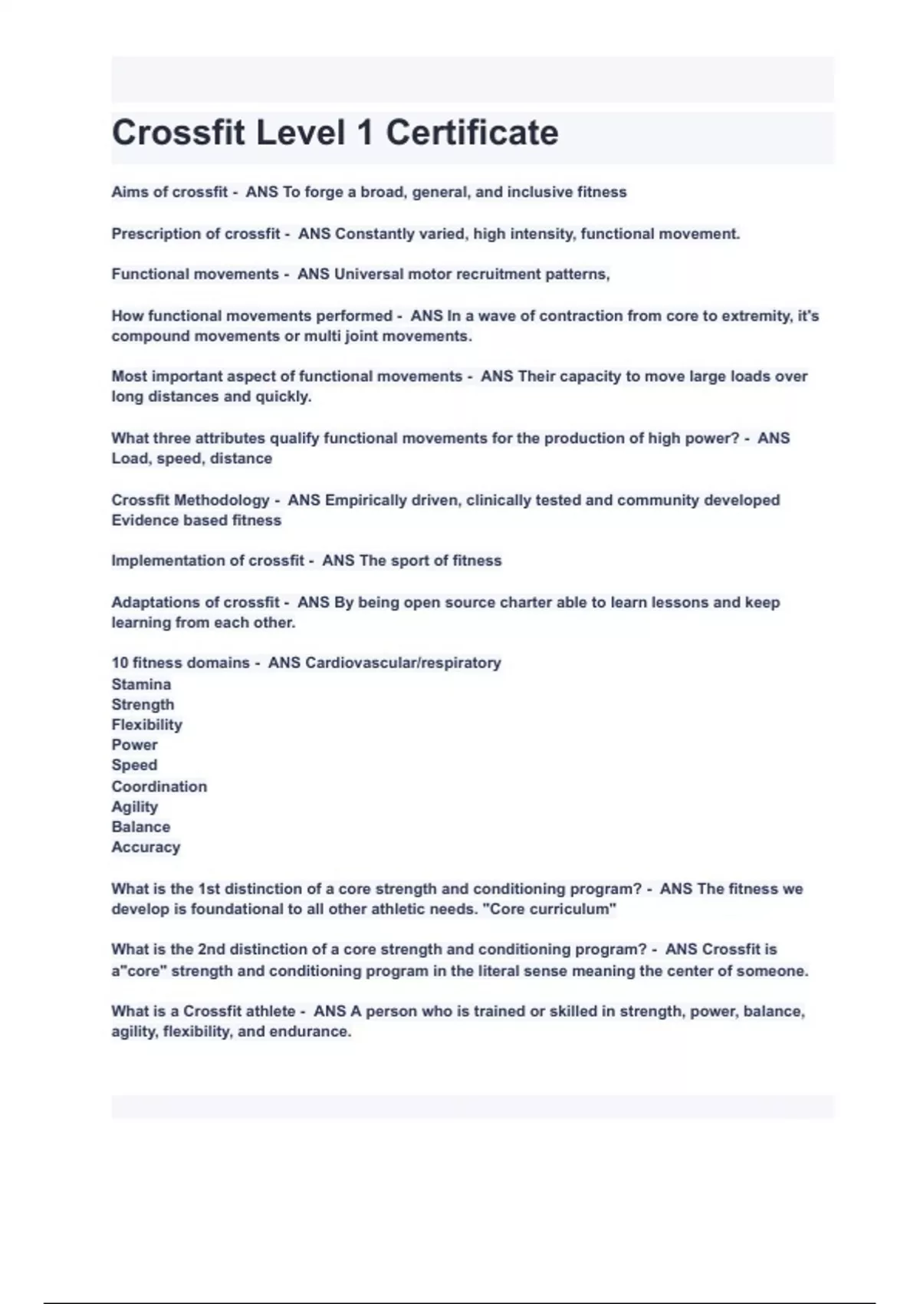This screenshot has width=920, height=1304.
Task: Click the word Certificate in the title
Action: tap(472, 133)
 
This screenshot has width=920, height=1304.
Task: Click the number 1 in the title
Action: tap(365, 133)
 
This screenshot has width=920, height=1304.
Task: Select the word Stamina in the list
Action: tap(141, 684)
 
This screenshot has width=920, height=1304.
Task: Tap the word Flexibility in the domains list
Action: tap(146, 725)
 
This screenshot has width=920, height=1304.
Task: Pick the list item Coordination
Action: tap(159, 786)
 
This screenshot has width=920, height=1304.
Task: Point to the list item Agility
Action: tap(134, 807)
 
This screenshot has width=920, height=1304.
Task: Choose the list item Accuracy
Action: tap(146, 848)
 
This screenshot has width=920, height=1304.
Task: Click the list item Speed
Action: tap(134, 766)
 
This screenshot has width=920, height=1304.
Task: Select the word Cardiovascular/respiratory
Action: tap(402, 663)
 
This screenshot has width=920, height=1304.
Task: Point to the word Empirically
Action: tap(366, 500)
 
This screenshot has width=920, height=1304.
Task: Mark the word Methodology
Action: tap(222, 500)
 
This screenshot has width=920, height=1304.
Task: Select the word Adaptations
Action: tap(157, 602)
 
